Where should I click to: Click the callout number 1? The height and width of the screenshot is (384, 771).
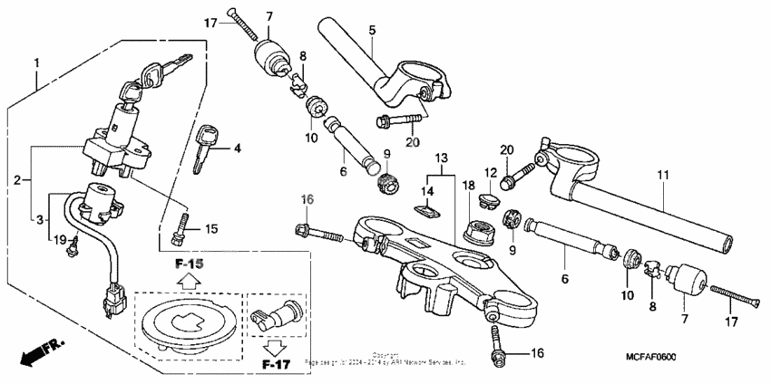tap(37, 63)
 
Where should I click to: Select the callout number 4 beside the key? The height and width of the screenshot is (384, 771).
tap(239, 148)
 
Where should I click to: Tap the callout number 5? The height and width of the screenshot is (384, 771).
tap(371, 30)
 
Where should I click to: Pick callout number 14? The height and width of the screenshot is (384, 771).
tap(427, 191)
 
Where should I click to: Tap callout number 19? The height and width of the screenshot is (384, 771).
tap(59, 239)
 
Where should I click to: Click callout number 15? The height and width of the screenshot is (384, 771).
tap(210, 229)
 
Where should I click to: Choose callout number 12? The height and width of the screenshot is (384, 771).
tap(490, 174)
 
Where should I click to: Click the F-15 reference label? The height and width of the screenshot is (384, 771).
tap(190, 264)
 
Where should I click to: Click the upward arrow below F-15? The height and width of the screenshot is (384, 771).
tap(190, 283)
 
